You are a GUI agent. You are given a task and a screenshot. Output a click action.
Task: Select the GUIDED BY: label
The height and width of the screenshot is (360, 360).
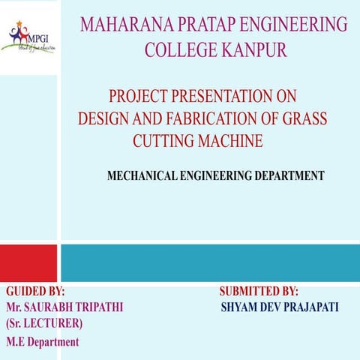35,291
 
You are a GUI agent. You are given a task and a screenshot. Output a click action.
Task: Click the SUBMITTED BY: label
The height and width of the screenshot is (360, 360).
259,291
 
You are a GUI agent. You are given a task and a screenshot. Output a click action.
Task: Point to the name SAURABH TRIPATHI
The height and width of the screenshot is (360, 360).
74,307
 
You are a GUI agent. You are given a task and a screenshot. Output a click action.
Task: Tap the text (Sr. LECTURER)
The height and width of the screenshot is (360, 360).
44,324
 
